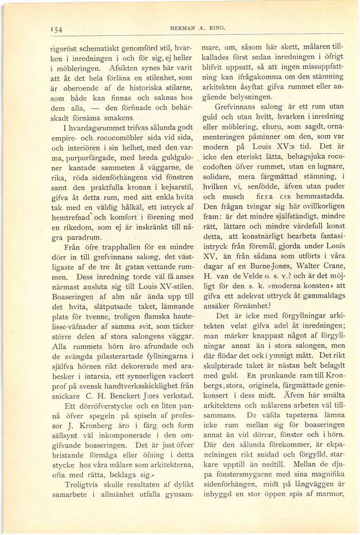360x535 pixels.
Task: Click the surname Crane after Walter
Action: (x=332, y=271)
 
